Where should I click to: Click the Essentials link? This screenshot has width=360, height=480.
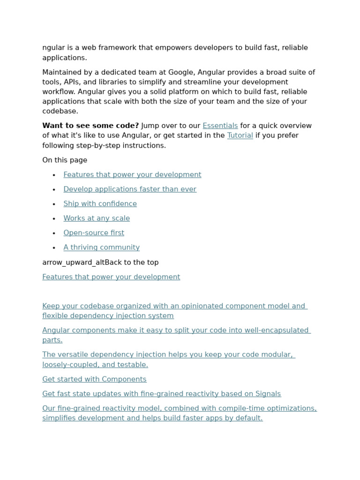(x=220, y=126)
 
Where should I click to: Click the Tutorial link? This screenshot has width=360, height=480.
(x=240, y=135)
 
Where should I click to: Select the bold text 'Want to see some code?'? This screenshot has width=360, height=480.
(x=90, y=126)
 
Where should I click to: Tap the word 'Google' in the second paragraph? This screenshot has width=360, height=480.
(x=181, y=72)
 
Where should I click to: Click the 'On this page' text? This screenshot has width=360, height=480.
(x=65, y=160)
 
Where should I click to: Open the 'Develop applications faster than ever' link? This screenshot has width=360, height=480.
(x=130, y=189)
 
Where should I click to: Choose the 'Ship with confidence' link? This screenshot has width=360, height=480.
(x=100, y=204)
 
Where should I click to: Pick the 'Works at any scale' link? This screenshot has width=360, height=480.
(x=97, y=218)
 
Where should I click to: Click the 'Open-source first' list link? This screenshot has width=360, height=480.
(x=94, y=233)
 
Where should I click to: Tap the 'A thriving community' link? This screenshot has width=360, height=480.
(x=101, y=247)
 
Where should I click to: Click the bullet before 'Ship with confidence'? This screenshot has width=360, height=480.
(x=54, y=204)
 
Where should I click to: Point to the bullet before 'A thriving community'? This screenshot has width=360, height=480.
(x=54, y=248)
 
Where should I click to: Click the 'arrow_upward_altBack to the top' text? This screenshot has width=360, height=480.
(x=100, y=262)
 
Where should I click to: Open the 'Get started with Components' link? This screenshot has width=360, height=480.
(x=94, y=379)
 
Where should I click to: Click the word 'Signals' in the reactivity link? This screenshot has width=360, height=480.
(x=267, y=394)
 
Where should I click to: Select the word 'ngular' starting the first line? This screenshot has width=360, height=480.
(x=53, y=48)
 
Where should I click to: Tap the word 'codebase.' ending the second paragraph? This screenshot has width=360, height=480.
(x=60, y=111)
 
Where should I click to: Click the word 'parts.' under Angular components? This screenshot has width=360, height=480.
(x=52, y=340)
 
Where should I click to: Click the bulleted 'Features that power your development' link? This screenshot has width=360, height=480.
(x=132, y=175)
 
